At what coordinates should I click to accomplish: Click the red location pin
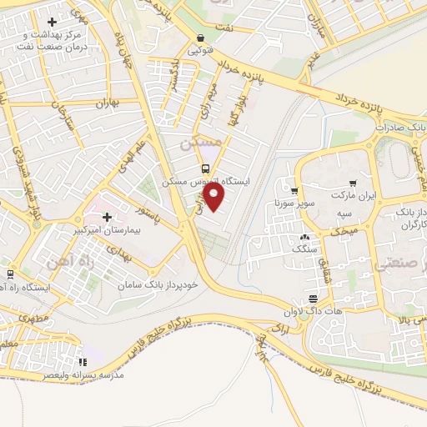click(x=215, y=198)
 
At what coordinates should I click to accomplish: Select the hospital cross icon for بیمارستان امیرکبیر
click(x=107, y=194)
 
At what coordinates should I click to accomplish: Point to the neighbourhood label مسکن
click(x=201, y=144)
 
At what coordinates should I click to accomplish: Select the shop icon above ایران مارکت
click(x=353, y=183)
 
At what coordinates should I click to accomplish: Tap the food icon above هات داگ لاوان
click(x=314, y=299)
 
